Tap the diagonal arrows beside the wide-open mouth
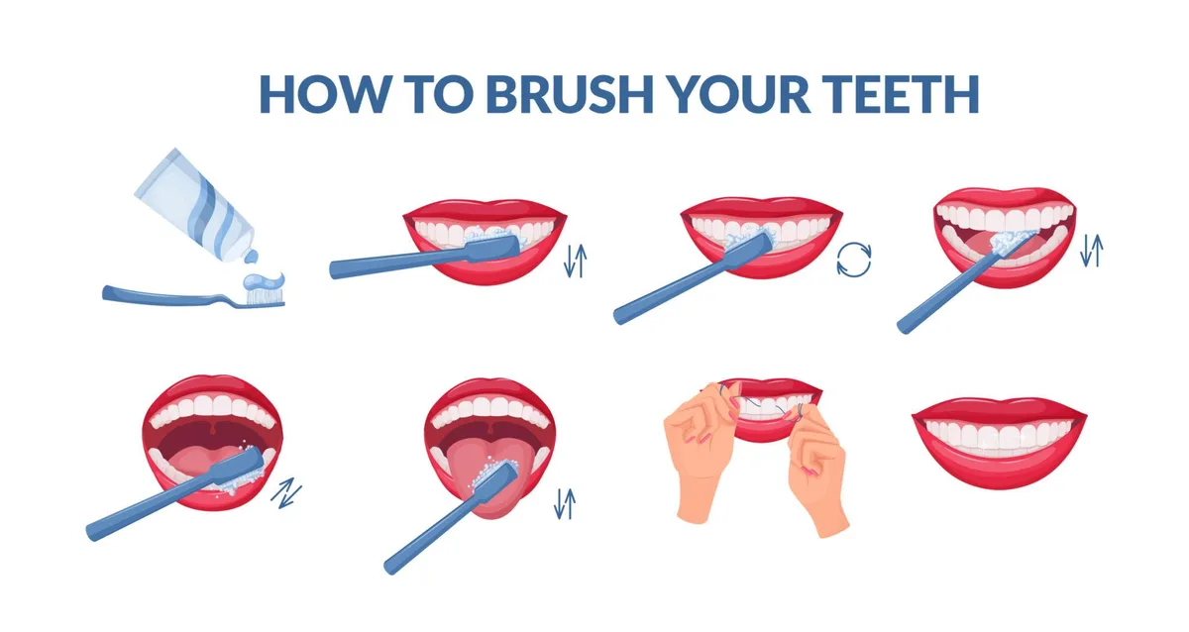coord(287,492)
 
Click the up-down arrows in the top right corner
coord(1091,252)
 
